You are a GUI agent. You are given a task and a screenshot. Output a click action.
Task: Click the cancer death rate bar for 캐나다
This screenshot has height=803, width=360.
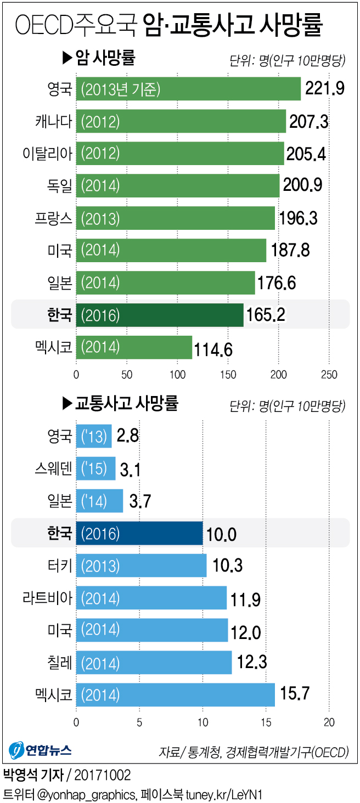pyautogui.click(x=181, y=121)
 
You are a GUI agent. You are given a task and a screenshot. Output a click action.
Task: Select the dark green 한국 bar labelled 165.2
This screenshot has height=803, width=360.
pyautogui.click(x=160, y=315)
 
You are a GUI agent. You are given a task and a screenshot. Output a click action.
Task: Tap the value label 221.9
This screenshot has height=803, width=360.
pyautogui.click(x=325, y=89)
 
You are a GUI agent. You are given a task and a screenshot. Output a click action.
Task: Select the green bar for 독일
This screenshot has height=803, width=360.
pyautogui.click(x=178, y=186)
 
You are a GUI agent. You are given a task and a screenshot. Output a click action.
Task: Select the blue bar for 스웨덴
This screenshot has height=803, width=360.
pyautogui.click(x=95, y=468)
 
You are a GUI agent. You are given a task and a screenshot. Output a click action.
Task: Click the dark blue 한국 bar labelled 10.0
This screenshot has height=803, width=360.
pyautogui.click(x=139, y=533)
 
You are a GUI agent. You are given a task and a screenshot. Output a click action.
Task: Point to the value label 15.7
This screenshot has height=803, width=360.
pyautogui.click(x=295, y=694)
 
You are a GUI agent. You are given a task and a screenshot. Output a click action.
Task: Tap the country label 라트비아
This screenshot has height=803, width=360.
pyautogui.click(x=50, y=598)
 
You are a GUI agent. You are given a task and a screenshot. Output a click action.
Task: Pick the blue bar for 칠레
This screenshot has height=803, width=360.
pyautogui.click(x=154, y=663)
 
